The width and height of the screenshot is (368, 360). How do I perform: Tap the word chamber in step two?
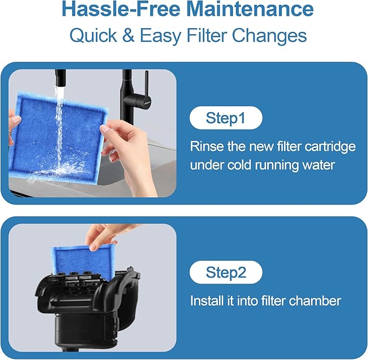pyautogui.click(x=316, y=301)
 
